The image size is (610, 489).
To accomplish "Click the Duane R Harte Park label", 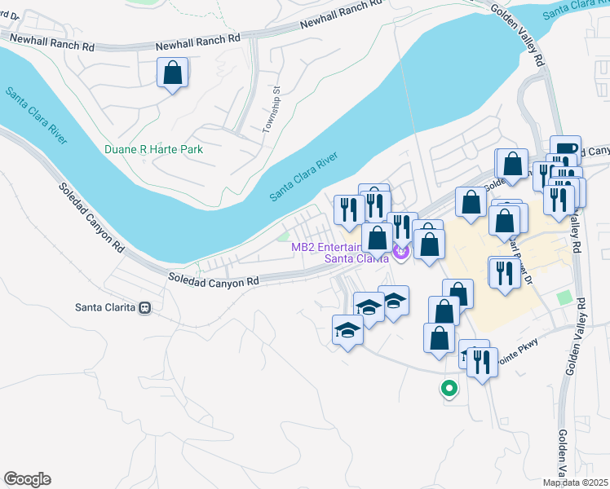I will point(153,149).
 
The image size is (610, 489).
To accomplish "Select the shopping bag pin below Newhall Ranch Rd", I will point(173,73).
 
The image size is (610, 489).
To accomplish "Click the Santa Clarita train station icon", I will point(145,308).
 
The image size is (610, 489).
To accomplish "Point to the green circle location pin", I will point(448,389).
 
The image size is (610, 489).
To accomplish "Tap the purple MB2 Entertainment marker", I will point(400,253).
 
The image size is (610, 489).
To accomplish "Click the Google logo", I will point(27,479).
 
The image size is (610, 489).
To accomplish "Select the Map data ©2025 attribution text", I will point(575,482).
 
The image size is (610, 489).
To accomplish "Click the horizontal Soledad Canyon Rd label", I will point(213,280).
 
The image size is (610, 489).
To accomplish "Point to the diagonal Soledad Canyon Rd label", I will point(91,216).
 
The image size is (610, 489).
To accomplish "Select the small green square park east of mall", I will point(564,297).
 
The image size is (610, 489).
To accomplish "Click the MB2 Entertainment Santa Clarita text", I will point(351,253).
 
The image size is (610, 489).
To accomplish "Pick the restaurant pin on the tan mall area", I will point(504,273).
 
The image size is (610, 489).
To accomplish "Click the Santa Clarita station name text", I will point(104,308).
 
